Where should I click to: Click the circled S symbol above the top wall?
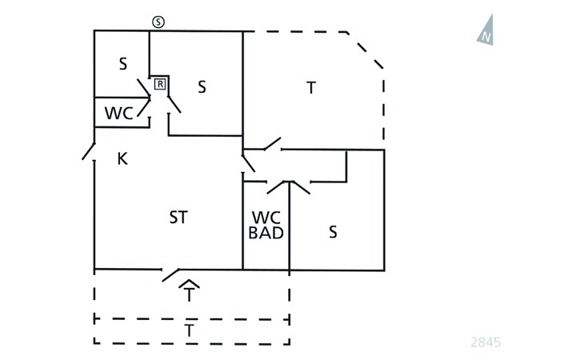pos(158,22)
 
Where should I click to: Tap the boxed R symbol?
pos(160,84)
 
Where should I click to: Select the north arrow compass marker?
pos(486,30)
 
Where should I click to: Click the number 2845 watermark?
pos(486,342)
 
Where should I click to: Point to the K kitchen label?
pos(122,159)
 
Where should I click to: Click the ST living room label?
pos(178,218)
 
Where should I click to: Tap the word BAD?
pos(266,233)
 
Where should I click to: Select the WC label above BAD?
pos(266,218)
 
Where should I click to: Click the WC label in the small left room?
pos(119,113)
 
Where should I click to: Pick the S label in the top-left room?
pos(123,64)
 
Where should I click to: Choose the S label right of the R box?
pos(202,87)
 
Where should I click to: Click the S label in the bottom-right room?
pos(333,232)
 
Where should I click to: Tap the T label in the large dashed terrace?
pos(311,88)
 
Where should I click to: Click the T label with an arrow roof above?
pos(190,295)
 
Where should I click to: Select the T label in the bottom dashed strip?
pos(190,330)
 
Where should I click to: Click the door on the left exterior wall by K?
pos(88,151)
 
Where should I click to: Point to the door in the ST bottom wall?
pos(170,274)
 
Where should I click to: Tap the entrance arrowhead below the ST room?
pos(190,284)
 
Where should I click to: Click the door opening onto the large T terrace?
pos(273,144)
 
